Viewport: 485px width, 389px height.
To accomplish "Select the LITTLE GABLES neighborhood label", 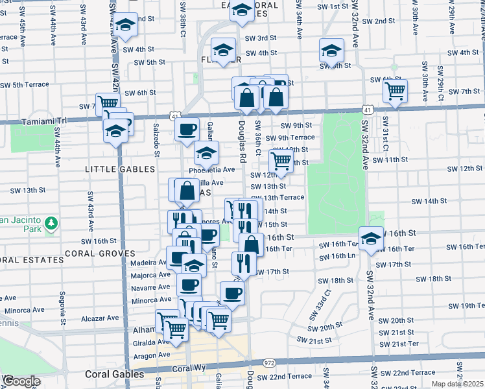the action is click(x=121, y=169).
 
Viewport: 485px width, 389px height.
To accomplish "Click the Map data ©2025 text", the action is click(x=456, y=384).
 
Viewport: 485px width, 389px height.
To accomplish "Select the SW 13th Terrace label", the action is click(x=283, y=197).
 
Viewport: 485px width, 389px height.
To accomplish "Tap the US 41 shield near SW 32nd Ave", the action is click(x=367, y=111).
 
